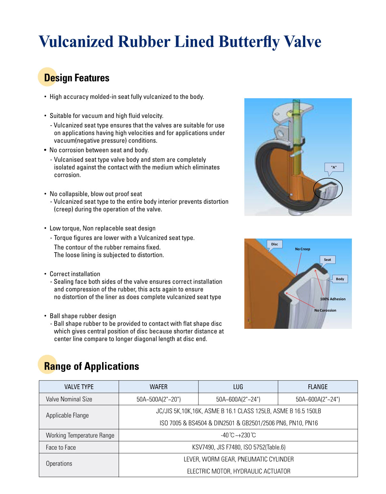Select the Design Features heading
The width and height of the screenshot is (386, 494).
tap(77, 78)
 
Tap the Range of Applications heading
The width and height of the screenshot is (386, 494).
tap(91, 366)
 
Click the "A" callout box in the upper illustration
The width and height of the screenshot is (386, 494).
tap(334, 167)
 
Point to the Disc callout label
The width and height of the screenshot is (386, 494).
tap(274, 244)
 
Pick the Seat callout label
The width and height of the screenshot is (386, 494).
tap(327, 260)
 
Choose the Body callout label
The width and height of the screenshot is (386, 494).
tap(340, 279)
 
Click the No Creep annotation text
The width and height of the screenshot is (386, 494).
tap(302, 249)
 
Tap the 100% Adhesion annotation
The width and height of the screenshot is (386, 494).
tap(333, 299)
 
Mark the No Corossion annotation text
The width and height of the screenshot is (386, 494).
tap(325, 310)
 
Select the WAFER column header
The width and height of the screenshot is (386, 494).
tap(159, 387)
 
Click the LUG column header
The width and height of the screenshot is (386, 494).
tap(238, 387)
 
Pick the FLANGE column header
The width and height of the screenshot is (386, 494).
tap(317, 387)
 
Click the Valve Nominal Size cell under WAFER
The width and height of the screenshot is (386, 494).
tap(159, 399)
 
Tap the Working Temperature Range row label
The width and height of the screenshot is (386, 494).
tap(80, 435)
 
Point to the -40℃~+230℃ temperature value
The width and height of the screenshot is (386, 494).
tap(238, 435)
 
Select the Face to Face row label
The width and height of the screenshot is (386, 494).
tap(61, 447)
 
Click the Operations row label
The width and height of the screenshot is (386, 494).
tap(59, 463)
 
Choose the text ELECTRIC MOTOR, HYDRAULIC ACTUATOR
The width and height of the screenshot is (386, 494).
tap(239, 471)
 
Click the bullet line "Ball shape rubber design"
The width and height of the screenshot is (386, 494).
tap(83, 316)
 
